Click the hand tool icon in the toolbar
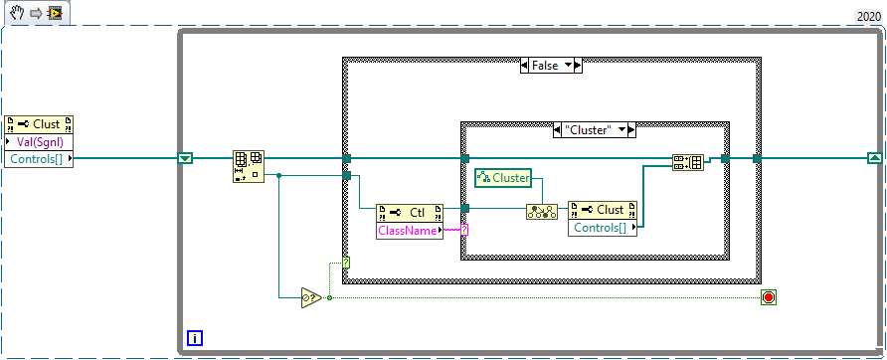point(17,12)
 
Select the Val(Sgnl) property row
point(41,141)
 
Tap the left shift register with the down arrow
point(185,158)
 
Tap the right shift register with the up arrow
point(873,158)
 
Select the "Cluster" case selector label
point(594,130)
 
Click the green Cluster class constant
point(502,177)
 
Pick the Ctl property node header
point(408,212)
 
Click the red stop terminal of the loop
point(768,297)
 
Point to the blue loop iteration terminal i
point(195,337)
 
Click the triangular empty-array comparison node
point(311,297)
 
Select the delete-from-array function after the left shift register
point(247,166)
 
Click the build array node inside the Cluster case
point(687,163)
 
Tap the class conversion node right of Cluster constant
point(540,211)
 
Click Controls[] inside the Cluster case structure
point(600,228)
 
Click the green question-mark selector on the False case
point(345,263)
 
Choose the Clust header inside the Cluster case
point(600,210)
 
